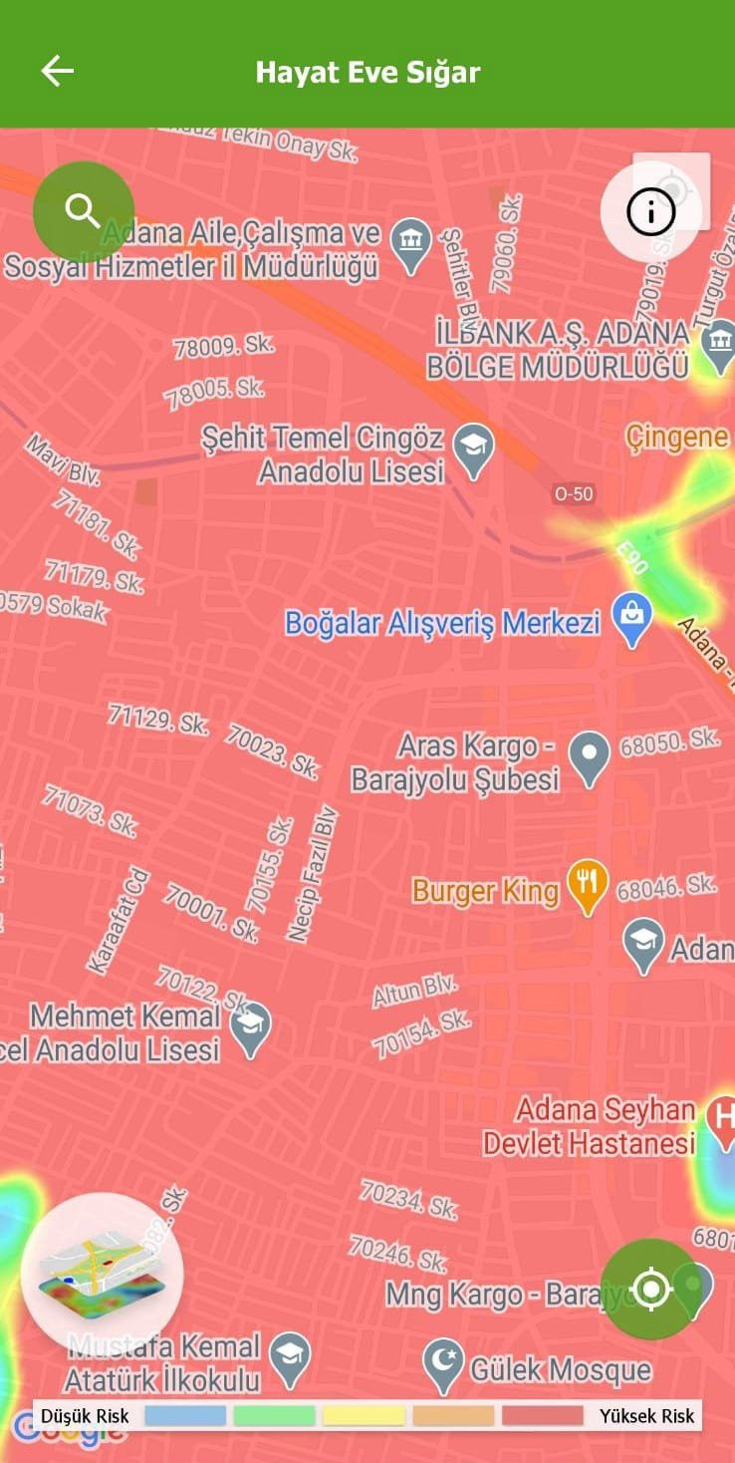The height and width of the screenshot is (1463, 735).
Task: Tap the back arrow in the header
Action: coord(57,71)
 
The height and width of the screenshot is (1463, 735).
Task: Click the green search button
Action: coord(83,210)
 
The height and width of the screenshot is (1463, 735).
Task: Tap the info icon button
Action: coord(651,211)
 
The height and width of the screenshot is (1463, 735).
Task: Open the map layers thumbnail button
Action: coord(101,1273)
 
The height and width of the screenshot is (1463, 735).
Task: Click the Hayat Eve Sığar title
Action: coord(367,72)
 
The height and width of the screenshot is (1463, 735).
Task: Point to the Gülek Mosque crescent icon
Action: coord(443,1365)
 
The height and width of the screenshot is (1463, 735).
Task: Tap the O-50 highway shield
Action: coord(573,493)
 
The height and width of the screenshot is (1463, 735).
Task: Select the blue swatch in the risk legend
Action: coord(185,1415)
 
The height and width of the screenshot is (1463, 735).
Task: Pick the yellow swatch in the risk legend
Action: coord(364,1415)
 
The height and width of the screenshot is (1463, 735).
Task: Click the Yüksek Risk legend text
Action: coord(646,1416)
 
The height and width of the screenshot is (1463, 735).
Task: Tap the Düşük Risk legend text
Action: coord(85,1416)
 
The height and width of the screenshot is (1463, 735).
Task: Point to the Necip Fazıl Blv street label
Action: coord(313,874)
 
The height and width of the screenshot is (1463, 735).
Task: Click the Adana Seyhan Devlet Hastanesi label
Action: coord(590,1126)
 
